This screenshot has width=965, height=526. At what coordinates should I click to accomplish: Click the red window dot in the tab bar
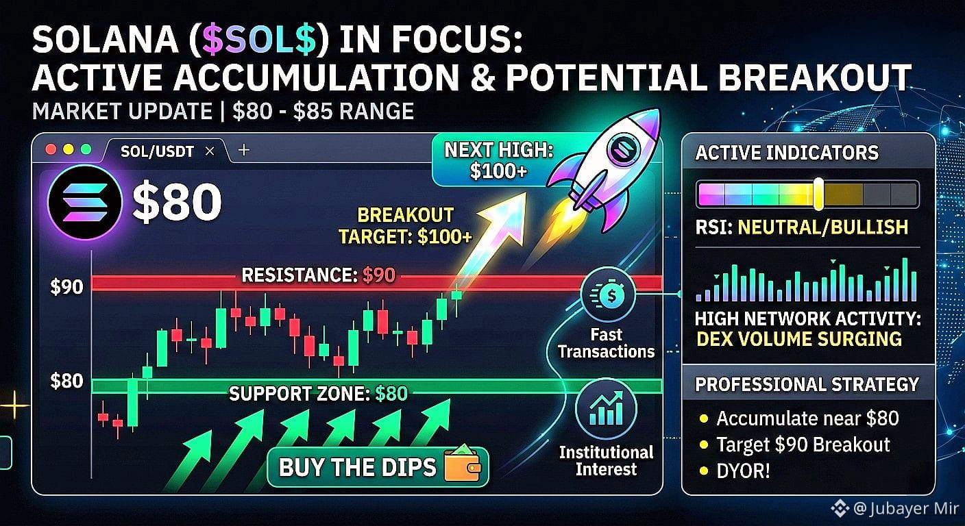tap(51, 149)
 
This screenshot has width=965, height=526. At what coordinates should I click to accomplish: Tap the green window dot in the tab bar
tap(86, 149)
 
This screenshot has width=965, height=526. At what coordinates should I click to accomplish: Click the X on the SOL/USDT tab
tap(210, 151)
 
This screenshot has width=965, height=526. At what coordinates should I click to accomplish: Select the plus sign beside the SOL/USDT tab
tap(244, 150)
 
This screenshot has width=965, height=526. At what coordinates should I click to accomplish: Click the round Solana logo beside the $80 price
tap(84, 202)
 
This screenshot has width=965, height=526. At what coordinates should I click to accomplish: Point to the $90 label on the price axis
tap(66, 287)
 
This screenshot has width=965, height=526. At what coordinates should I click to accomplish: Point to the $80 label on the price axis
tap(66, 381)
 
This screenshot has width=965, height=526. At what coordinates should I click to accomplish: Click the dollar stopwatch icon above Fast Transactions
tap(608, 295)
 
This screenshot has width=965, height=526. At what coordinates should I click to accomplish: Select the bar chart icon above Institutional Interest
tap(606, 408)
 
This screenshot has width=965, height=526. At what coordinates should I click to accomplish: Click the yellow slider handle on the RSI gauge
tap(818, 194)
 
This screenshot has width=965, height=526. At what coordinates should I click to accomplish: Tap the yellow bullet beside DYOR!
tap(704, 471)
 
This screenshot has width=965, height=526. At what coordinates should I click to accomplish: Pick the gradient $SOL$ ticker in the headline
tap(259, 40)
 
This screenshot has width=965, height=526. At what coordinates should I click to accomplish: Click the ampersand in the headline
tap(482, 77)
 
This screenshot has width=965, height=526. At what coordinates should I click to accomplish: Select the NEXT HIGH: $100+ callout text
tap(498, 160)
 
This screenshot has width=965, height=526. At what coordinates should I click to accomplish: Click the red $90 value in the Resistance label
tap(379, 275)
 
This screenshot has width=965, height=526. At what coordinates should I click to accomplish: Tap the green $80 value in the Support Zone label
tap(391, 393)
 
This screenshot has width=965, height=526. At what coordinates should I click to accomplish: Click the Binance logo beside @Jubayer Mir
tap(840, 508)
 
